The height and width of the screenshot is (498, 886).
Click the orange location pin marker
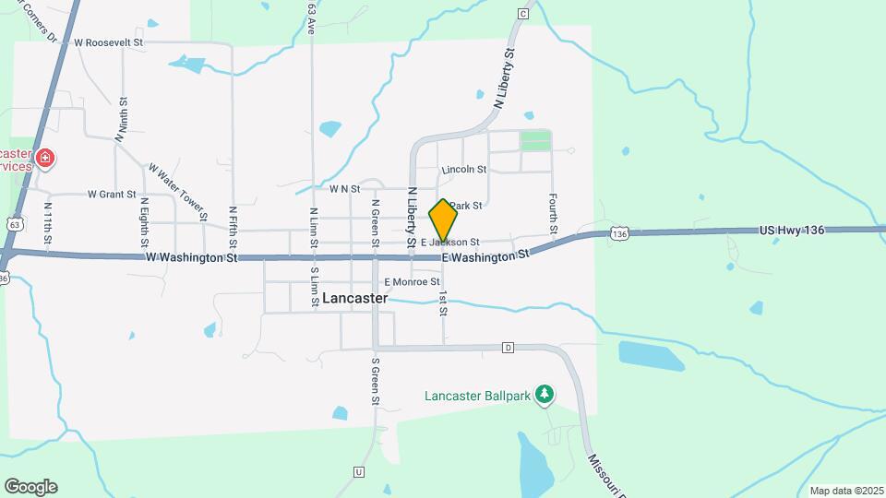[443, 220]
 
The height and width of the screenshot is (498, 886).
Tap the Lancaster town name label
[355, 299]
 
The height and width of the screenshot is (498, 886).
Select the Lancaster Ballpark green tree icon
[545, 395]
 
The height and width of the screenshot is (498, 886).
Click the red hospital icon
[43, 160]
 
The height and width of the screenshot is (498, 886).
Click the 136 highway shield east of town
[619, 235]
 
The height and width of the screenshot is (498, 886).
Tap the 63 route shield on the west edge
[12, 223]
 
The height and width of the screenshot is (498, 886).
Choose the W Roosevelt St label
[110, 42]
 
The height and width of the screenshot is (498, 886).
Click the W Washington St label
[192, 258]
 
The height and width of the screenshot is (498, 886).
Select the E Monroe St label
[412, 281]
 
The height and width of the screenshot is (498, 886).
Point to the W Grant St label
[112, 195]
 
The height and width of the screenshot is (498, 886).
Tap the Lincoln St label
[464, 170]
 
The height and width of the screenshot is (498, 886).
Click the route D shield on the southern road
[508, 348]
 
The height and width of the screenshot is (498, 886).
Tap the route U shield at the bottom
[358, 471]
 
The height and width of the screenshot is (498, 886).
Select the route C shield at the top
[523, 14]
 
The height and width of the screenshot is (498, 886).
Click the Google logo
[30, 487]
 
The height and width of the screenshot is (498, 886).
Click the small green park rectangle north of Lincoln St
[534, 141]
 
